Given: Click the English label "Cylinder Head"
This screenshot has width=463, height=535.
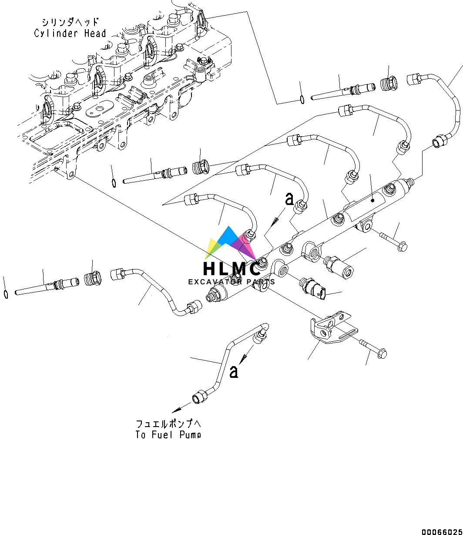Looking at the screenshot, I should coord(70,33).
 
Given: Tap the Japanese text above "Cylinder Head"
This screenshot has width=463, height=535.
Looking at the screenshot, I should coord(70,22).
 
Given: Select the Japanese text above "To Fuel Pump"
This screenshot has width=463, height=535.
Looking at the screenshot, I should coord(168,424).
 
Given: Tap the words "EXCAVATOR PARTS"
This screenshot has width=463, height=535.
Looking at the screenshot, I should coord(231,282).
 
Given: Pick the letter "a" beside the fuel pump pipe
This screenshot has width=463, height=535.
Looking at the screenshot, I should coord(234,371).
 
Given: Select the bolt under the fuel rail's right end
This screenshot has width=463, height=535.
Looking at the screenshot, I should coord(394,241).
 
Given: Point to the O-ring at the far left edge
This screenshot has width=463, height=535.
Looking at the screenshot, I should coord(5,294).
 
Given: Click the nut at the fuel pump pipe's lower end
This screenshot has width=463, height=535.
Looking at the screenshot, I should coord(199,397).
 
